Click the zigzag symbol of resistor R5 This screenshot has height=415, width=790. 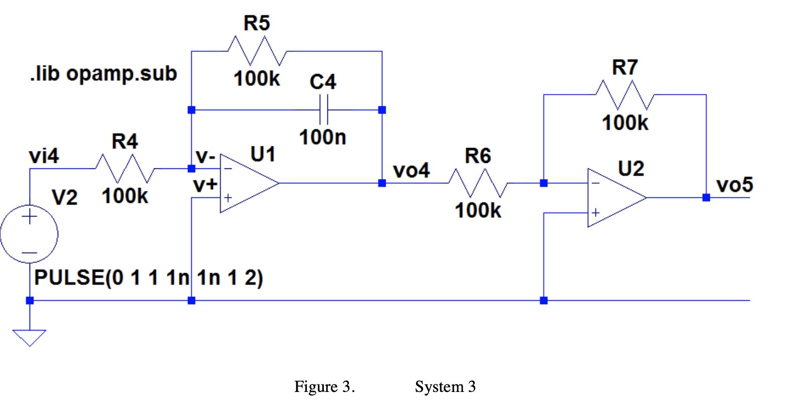pos(257,51)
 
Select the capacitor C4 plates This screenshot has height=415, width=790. pos(323,110)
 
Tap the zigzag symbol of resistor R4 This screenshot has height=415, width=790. pos(125,169)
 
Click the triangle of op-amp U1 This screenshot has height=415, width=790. pos(246,183)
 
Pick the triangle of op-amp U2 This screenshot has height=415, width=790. pos(614,198)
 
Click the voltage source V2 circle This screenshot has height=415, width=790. pos(29,234)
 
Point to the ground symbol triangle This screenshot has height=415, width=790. pos(30,337)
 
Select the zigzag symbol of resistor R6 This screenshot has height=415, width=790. pos(478,183)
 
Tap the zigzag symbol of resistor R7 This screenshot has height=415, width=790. pos(625,95)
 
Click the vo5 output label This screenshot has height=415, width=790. pos(734,185)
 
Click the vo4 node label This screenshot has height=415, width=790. pos(411,171)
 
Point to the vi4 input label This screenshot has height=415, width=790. pos(44,156)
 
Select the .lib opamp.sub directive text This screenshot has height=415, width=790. pos(103,74)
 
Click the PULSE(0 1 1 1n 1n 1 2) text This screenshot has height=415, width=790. pos(148,278)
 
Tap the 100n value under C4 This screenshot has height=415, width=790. pos(322,137)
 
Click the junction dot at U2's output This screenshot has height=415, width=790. pos(706,198)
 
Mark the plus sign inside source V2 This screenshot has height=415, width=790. pos(30,217)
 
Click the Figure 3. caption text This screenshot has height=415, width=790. pos(324,387)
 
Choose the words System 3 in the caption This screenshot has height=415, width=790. pos(445,387)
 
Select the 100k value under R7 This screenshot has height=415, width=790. pos(625,123)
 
